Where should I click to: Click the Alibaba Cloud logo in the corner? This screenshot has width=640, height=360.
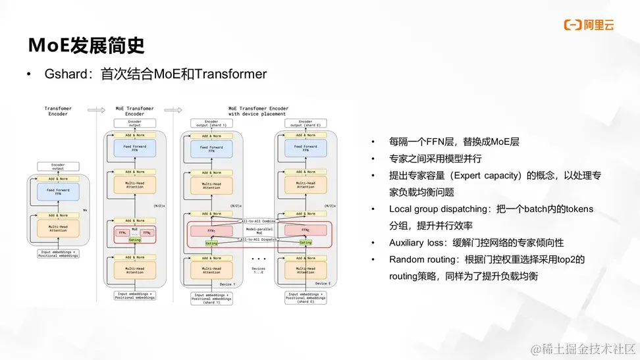coord(589,25)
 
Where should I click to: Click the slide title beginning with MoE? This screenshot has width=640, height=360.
coord(86,45)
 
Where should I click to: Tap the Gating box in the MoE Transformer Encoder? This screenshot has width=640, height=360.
coord(134,240)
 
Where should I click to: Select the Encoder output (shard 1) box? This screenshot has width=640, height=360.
coord(211,123)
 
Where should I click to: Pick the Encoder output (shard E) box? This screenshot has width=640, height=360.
coord(306,123)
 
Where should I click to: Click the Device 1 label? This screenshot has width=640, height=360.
coord(227,283)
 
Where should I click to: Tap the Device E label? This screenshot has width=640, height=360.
coord(322,283)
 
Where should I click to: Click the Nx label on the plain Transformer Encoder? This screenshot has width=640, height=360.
coord(84,210)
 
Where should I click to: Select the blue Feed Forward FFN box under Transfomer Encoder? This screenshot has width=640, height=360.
coord(58,192)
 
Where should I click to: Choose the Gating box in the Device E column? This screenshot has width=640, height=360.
coord(306,242)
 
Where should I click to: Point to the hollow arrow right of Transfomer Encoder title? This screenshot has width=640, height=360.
coord(96,110)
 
